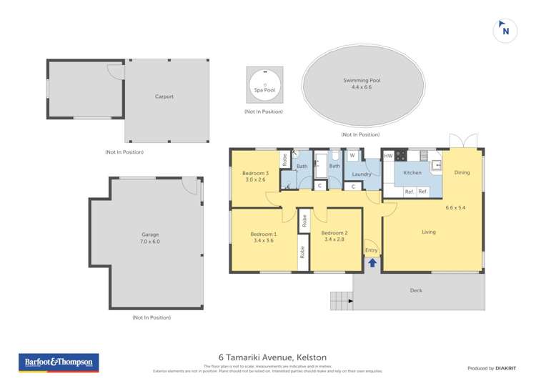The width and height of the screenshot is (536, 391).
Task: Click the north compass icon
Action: pyautogui.click(x=505, y=30)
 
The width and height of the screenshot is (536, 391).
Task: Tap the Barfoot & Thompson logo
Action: pyautogui.click(x=59, y=362)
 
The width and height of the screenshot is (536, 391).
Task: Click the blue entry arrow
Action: pyautogui.click(x=372, y=262)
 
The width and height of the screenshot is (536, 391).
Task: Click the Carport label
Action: pyautogui.click(x=164, y=96)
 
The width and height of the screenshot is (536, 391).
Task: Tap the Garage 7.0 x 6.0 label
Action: pyautogui.click(x=150, y=238)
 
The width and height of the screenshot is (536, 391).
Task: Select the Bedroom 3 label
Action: pyautogui.click(x=255, y=177)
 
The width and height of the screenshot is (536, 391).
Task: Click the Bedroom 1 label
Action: pyautogui.click(x=264, y=238)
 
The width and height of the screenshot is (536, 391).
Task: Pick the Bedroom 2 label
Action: pyautogui.click(x=334, y=237)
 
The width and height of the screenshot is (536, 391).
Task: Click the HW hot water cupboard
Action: pyautogui.click(x=388, y=156)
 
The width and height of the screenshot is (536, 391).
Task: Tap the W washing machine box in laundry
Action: pyautogui.click(x=352, y=156)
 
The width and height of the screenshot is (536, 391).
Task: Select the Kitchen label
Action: pyautogui.click(x=412, y=172)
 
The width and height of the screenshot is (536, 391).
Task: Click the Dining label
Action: pyautogui.click(x=462, y=172)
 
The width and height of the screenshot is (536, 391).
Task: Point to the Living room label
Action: pyautogui.click(x=429, y=232)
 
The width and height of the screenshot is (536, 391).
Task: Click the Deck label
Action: pyautogui.click(x=416, y=290)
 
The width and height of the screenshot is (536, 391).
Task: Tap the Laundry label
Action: pyautogui.click(x=362, y=174)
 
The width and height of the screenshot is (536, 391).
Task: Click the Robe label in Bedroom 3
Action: pyautogui.click(x=284, y=160)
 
